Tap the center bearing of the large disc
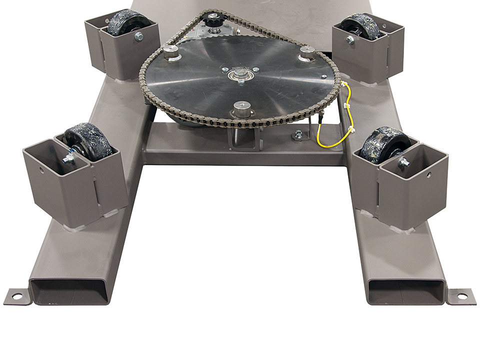coord(240,76)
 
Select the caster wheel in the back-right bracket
coord(363,26)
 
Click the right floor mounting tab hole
coord(461,296)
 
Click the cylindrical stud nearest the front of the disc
coord(242,108)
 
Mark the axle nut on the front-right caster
coord(403,162)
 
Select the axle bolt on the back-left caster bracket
coord(138,36)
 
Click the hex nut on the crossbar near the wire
coord(298,134)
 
